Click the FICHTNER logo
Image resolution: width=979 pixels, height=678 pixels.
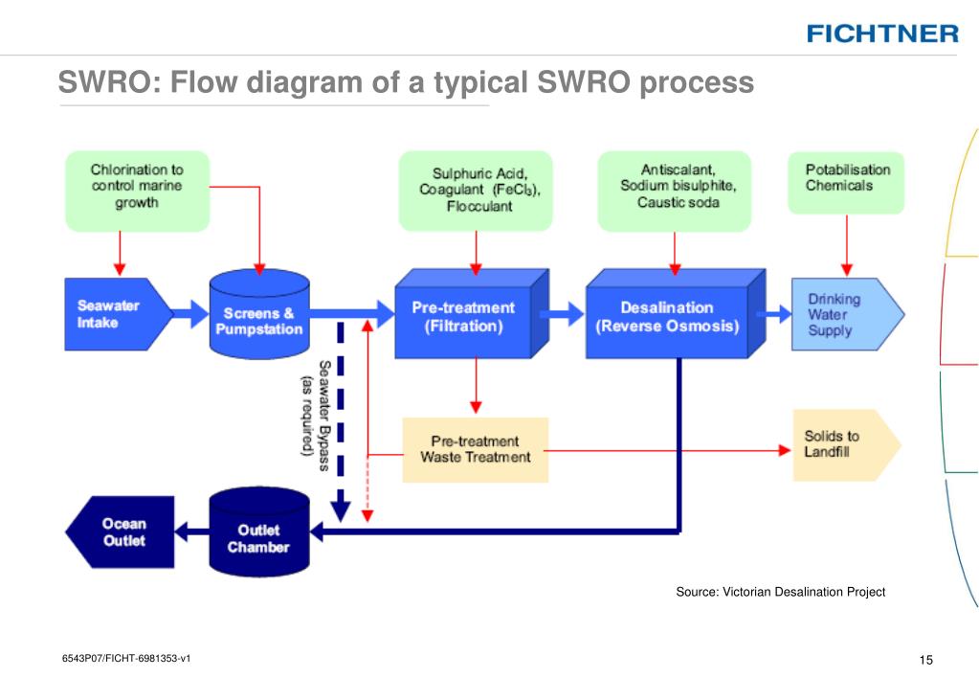882,34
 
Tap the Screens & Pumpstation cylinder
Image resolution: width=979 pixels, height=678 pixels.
259,314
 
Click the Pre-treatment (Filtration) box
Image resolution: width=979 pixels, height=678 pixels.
472,314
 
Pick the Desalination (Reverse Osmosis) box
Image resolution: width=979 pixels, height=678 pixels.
675,314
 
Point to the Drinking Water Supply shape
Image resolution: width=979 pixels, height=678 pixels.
847,314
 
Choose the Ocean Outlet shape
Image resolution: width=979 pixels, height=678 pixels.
120,532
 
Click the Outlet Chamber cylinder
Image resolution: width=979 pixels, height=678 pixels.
259,531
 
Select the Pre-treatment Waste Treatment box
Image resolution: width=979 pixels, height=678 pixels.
475,450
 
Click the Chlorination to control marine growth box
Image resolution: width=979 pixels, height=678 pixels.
138,191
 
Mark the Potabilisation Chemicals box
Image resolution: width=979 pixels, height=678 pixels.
846,183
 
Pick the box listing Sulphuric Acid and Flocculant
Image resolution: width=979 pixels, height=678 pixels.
476,191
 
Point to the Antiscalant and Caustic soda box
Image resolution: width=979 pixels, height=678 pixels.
675,192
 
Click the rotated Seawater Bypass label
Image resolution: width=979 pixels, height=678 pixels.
315,416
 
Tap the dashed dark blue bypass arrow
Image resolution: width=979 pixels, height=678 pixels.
341,421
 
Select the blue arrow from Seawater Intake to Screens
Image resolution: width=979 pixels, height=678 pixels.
190,314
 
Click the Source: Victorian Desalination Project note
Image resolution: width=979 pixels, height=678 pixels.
781,592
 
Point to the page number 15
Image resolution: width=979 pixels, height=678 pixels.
926,660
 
